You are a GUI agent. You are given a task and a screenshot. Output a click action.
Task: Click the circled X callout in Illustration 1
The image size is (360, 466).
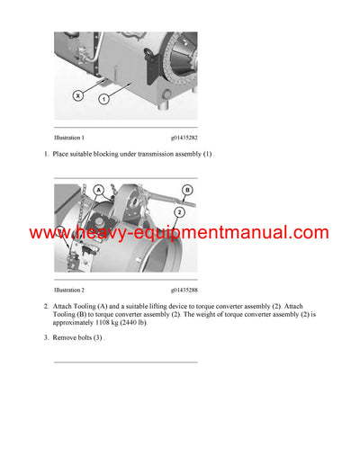click(x=79, y=94)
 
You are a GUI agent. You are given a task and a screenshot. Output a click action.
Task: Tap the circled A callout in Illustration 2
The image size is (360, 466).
click(x=96, y=190)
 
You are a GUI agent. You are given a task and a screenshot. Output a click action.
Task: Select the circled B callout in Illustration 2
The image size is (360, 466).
click(x=187, y=190)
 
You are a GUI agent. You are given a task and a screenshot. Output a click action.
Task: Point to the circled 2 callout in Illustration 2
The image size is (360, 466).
click(x=180, y=211)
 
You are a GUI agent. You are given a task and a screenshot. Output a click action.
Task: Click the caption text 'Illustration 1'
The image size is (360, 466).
click(x=69, y=138)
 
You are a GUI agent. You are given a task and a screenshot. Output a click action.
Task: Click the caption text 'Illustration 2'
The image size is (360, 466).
click(x=69, y=291)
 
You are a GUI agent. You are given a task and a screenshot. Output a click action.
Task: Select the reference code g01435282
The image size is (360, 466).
click(x=184, y=138)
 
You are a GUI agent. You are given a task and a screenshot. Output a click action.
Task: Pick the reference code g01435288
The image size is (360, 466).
click(x=184, y=291)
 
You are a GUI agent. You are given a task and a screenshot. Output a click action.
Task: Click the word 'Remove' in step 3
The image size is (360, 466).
click(x=66, y=338)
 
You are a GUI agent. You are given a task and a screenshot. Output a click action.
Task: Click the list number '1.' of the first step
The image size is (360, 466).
click(x=46, y=156)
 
